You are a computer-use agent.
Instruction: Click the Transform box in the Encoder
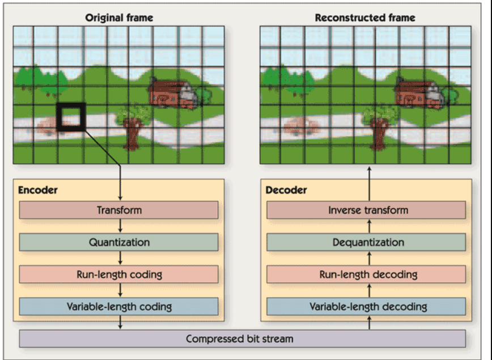coord(119,210)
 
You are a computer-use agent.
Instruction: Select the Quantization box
coord(119,243)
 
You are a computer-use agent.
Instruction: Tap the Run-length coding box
coord(119,274)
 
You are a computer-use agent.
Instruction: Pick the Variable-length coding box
coord(119,307)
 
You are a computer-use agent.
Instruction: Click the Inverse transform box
coord(367,210)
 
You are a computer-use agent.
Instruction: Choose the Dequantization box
coord(367,243)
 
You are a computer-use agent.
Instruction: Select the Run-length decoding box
coord(367,274)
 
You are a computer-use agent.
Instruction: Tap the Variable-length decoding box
coord(367,307)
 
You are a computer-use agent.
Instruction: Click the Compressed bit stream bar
coord(243,339)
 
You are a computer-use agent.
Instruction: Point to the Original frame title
coord(119,18)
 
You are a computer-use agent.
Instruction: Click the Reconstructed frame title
coord(365,18)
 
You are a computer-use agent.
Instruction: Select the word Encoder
coord(37,190)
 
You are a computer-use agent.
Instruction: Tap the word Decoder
coord(286,190)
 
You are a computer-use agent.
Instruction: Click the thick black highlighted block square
coord(71,117)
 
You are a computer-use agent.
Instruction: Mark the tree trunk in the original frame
coord(132,136)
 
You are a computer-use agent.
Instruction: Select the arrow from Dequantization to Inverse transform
coord(369,226)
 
